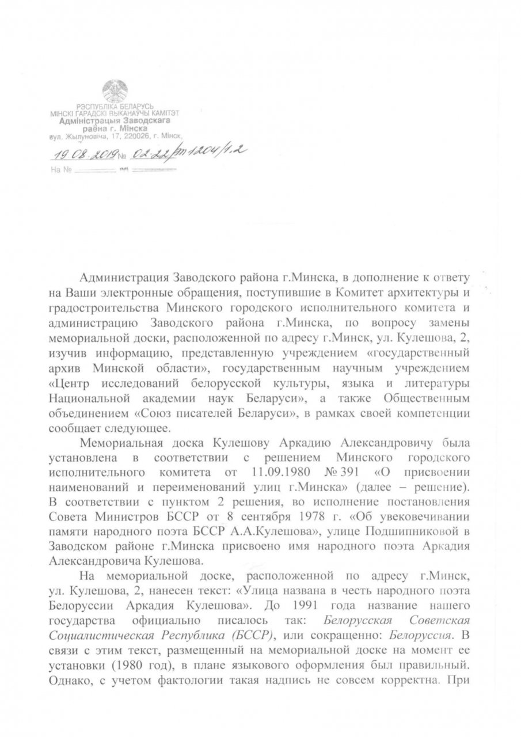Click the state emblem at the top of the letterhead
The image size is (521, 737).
coord(115,92)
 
